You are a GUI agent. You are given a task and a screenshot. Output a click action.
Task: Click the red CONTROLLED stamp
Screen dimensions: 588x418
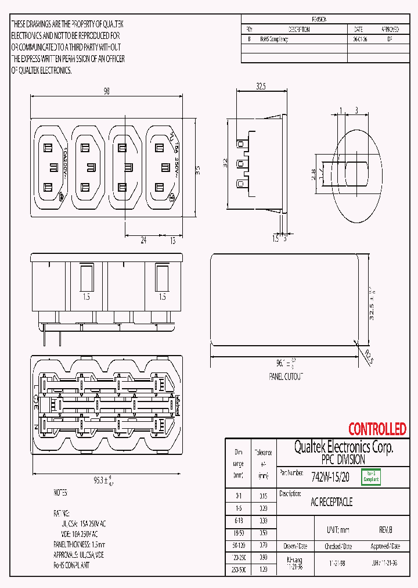coord(377,429)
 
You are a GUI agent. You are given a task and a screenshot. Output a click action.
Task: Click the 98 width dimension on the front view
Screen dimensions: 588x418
coord(106,91)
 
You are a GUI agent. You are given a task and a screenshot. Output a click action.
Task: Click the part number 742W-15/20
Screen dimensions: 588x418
coord(330,477)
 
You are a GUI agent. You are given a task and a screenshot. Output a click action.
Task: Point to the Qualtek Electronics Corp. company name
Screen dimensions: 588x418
coord(343,447)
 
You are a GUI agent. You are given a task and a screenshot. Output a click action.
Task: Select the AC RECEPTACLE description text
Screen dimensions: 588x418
coord(331,502)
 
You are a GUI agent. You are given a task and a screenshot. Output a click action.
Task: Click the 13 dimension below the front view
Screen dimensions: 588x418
coord(172,240)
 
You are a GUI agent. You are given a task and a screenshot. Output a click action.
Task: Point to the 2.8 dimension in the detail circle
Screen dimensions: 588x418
coord(313,174)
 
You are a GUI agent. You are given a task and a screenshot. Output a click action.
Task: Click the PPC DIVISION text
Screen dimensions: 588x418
coord(343,460)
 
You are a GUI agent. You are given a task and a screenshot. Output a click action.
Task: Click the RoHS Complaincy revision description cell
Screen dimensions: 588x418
coord(273,40)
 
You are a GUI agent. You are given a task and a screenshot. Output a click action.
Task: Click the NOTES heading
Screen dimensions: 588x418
coord(60,493)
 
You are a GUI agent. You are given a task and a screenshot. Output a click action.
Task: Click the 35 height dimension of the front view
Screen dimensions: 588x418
coord(197,170)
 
